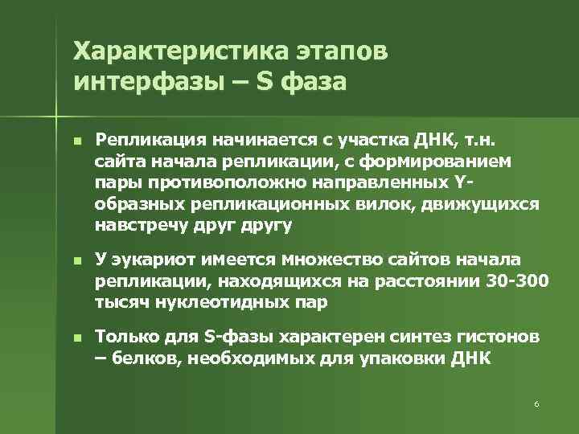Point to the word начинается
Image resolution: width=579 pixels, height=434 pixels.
254,141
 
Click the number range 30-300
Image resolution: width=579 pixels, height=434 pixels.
519,280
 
